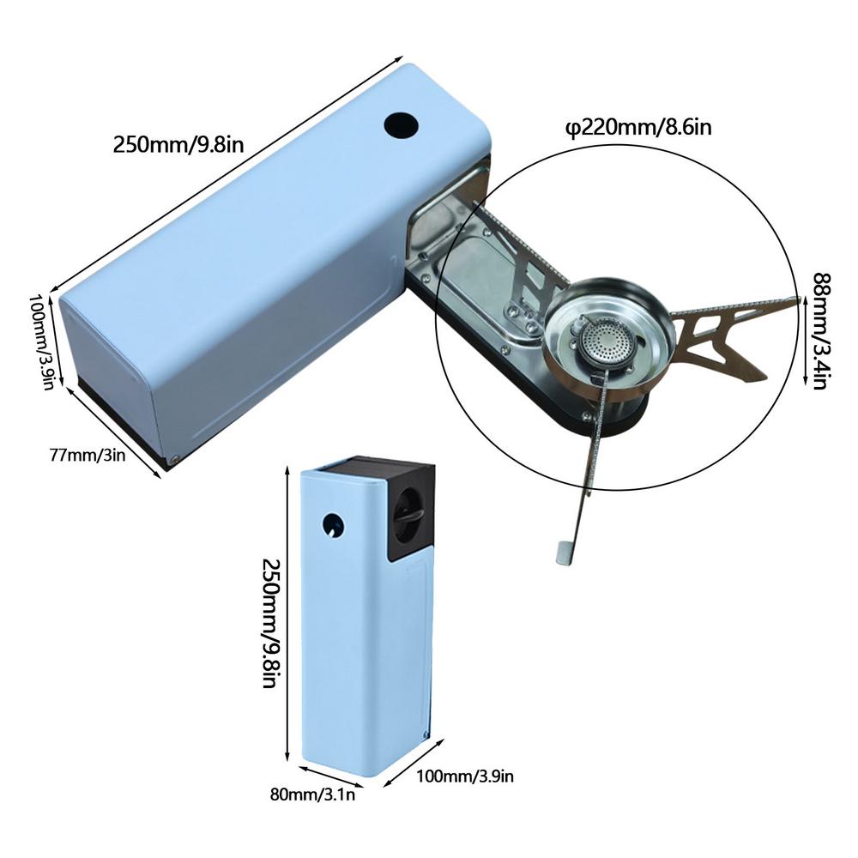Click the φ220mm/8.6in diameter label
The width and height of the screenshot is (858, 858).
638,128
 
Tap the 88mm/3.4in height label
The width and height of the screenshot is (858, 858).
820,331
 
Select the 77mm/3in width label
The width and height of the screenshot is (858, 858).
88,455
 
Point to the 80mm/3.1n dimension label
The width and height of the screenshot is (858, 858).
312,794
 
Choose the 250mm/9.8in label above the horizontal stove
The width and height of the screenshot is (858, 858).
178,145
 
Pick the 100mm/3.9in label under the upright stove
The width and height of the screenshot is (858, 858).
465,776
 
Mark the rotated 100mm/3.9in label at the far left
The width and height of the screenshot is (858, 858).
40,343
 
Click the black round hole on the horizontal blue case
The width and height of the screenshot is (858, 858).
401,126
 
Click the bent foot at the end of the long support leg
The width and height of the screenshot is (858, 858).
565,552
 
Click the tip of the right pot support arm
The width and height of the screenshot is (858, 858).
798,299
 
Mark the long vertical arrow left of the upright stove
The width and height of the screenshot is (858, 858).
287,613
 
